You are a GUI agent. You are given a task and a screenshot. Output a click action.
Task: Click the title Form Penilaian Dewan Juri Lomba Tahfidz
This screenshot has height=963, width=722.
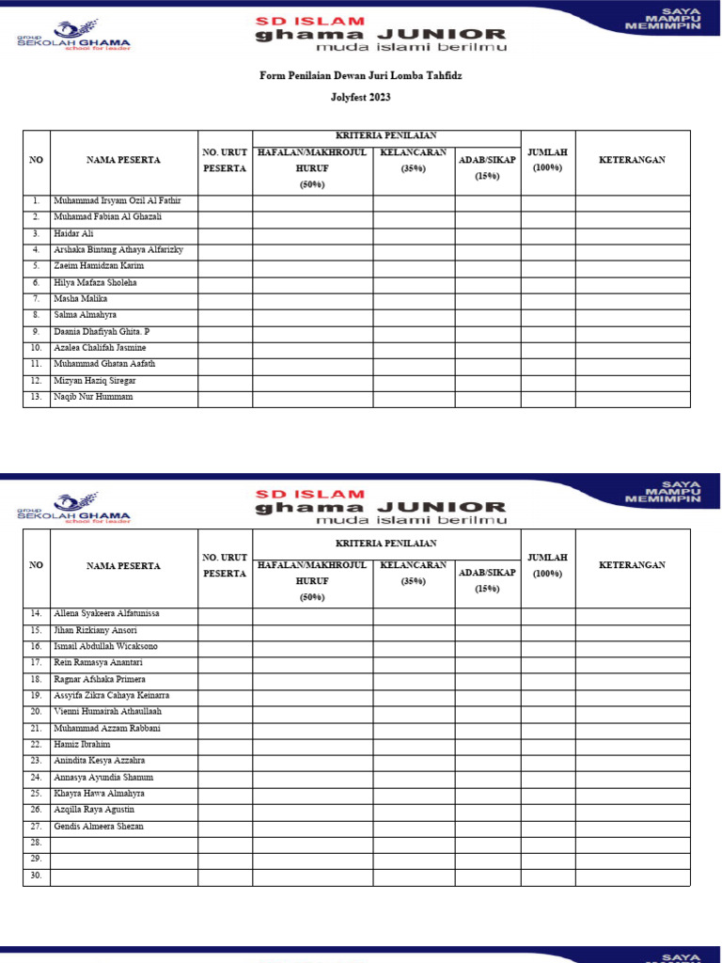coord(360,75)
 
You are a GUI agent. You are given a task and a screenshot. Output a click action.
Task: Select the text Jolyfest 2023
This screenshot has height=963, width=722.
coord(360,97)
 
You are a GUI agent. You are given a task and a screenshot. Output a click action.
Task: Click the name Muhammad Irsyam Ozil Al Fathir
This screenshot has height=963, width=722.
coord(118,201)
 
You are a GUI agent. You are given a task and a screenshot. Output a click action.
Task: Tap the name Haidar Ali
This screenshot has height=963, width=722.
coord(73,233)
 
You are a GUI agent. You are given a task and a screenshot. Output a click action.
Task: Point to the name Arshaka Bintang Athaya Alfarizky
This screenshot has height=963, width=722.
coord(118,250)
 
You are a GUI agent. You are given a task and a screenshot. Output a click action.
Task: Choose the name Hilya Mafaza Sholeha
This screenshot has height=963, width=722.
coord(95,282)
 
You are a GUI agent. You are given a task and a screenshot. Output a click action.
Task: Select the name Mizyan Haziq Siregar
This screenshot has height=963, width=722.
coord(94,380)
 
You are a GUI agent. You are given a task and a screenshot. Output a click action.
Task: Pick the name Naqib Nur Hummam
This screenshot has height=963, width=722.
coord(93,397)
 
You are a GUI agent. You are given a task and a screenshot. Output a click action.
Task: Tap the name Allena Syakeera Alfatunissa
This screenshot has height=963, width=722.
coord(106,613)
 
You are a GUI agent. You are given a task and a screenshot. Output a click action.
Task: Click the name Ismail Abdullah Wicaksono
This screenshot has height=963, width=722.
coord(105,647)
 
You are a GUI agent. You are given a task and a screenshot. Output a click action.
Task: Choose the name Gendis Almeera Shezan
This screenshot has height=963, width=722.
coord(98,827)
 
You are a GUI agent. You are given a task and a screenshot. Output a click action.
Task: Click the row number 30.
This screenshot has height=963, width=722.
coord(36,876)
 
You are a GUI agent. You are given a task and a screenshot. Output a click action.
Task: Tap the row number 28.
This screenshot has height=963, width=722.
coord(36,844)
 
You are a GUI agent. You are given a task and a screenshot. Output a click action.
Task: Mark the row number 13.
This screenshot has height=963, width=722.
coord(36,397)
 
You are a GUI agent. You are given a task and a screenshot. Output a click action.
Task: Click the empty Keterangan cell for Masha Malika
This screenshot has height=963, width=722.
coord(633,299)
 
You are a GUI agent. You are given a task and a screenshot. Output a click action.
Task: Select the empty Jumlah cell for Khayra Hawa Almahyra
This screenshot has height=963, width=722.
coord(547,794)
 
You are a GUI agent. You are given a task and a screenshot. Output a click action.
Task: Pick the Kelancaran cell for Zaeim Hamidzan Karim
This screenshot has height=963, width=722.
coord(414,266)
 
